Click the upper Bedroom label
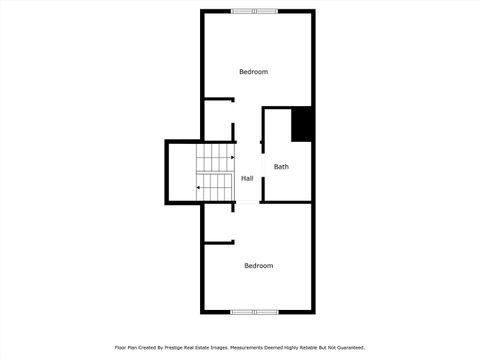click(253, 72)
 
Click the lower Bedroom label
click(259, 265)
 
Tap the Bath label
click(281, 167)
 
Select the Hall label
click(247, 178)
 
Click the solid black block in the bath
click(302, 124)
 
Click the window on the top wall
click(254, 12)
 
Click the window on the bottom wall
click(254, 311)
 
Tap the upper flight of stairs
click(214, 158)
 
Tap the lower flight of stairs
click(214, 186)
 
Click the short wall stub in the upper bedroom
click(219, 99)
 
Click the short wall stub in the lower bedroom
click(219, 241)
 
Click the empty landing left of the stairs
click(181, 172)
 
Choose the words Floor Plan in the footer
click(125, 347)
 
